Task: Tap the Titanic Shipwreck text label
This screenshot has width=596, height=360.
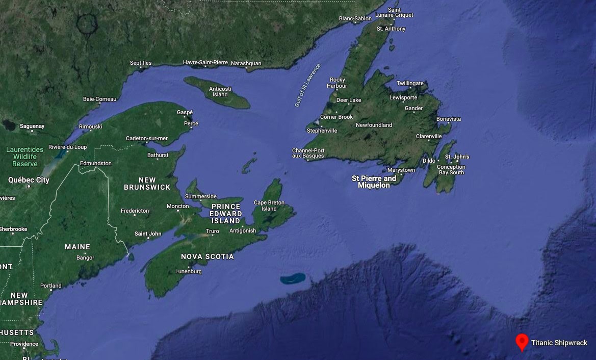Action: pos(559,343)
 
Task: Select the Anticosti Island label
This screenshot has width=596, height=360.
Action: pos(220,91)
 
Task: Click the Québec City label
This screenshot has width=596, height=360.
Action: pos(29,180)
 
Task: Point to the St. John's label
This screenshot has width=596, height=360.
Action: pos(457,157)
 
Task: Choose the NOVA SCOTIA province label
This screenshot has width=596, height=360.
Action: pos(208,256)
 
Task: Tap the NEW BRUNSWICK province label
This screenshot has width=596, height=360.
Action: pos(147,184)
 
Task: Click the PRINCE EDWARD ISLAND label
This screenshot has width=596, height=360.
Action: pos(225,214)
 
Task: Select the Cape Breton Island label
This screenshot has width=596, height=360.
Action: pos(269,205)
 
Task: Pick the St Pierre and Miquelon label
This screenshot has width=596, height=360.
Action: pos(374,182)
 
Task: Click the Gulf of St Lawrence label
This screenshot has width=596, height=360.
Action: pos(307,85)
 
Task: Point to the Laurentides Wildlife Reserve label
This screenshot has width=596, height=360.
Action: pos(25,157)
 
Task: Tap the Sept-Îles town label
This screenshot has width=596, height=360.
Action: pos(141,63)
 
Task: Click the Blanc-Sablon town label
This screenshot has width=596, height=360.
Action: pos(355,19)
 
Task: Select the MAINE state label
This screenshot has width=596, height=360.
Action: pos(77,247)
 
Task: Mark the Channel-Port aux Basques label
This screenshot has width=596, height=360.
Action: pos(308,153)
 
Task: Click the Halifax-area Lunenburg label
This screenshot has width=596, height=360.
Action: pos(188,271)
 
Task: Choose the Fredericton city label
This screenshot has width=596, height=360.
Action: pos(135,211)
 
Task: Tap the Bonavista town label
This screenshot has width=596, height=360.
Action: pos(449,119)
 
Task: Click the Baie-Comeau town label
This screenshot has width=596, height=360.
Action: pos(100,99)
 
